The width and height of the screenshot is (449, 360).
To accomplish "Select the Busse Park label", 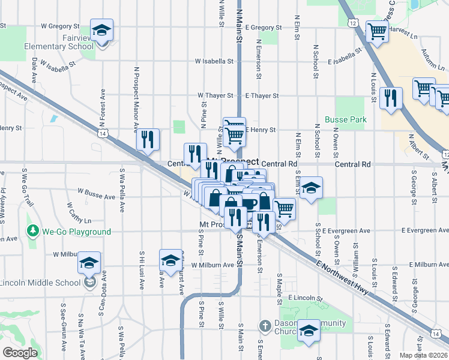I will coord(345,119).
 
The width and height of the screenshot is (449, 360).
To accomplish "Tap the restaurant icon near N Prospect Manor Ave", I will coord(147,140).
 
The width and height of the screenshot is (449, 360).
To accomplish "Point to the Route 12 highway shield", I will coord(352,22).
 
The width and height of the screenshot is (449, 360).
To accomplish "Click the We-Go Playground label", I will coord(76,232).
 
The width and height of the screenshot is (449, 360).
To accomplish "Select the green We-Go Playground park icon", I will coord(31,231).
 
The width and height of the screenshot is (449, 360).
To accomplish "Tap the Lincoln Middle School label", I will coord(40,283).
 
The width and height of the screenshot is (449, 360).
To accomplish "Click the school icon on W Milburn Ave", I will coord(170,261).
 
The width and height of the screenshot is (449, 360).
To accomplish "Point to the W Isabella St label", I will coord(214,61).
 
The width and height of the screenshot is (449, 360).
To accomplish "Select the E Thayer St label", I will coord(262,95).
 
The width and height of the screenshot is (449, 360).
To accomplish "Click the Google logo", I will coord(20,353).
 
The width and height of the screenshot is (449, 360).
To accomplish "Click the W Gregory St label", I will coord(60,26).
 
